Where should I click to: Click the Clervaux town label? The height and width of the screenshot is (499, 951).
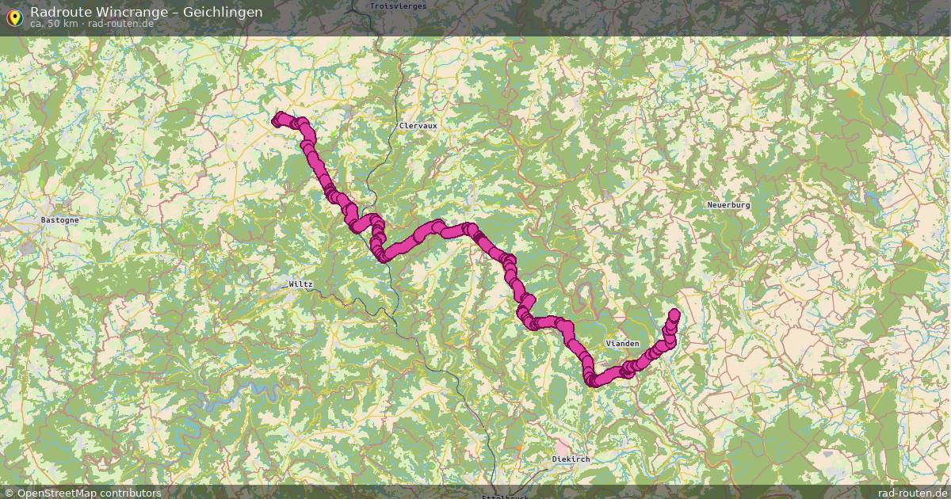[418, 126]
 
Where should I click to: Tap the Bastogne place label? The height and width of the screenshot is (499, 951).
[59, 220]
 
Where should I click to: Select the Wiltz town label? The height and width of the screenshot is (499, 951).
[300, 284]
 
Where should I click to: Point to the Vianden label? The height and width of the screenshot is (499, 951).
[622, 344]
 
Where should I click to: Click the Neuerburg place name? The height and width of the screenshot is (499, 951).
[728, 205]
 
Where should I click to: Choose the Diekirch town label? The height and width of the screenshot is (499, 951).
[571, 459]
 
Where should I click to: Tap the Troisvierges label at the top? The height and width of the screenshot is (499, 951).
[398, 6]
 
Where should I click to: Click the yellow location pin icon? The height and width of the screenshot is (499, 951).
[13, 16]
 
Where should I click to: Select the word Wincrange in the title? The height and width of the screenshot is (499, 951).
[125, 12]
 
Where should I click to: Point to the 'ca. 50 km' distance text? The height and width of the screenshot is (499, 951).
[54, 24]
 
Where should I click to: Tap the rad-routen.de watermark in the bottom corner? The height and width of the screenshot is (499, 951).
[912, 493]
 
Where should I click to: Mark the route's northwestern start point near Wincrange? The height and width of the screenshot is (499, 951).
[277, 120]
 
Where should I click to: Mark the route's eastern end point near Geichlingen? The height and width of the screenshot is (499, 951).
[674, 314]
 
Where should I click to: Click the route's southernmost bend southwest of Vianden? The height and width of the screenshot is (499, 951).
[593, 381]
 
